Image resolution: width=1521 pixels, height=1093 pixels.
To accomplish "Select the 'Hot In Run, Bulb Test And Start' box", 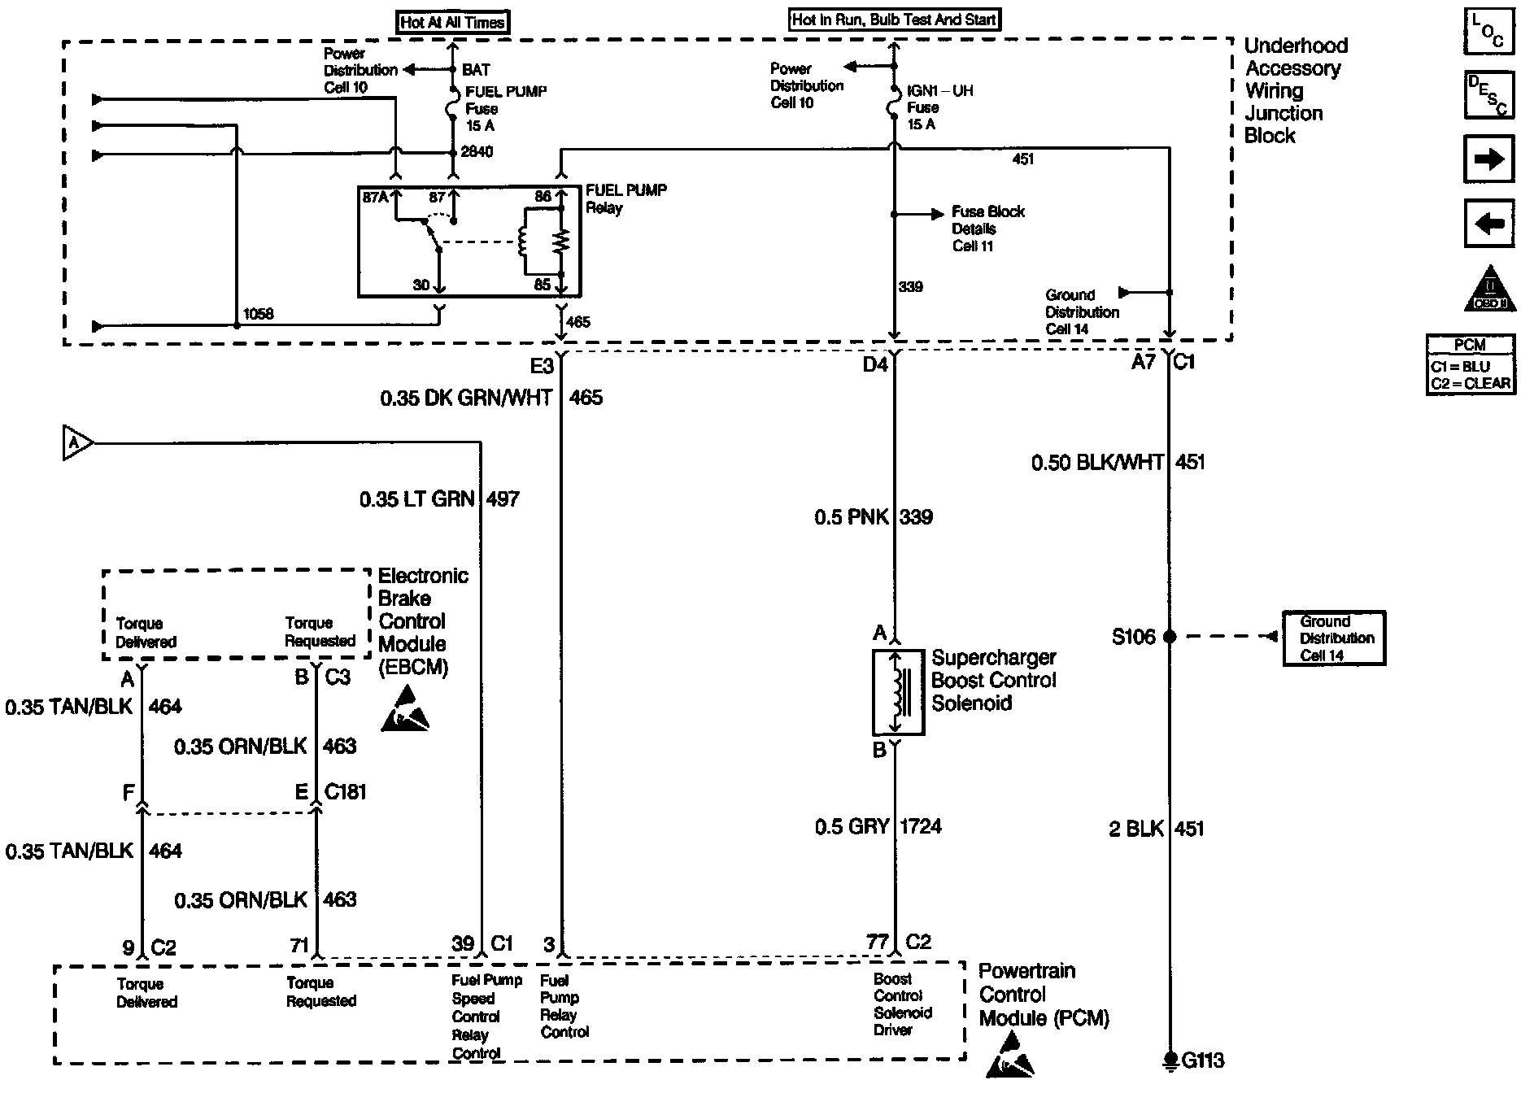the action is [x=895, y=20].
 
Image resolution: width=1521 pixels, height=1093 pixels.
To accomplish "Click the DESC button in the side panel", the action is [x=1489, y=95].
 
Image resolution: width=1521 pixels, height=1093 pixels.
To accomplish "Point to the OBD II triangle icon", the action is [x=1490, y=290].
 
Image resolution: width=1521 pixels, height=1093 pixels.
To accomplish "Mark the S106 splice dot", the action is [x=1170, y=637].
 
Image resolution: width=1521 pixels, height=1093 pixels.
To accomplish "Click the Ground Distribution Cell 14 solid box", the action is [x=1334, y=638].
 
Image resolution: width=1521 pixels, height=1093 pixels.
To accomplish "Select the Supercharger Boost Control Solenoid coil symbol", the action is [x=898, y=692].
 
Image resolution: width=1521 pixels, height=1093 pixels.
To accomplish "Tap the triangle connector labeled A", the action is [x=78, y=443].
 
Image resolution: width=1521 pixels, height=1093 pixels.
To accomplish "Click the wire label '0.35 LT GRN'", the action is [x=417, y=499].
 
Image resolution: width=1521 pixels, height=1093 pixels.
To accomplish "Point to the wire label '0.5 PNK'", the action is [x=852, y=517].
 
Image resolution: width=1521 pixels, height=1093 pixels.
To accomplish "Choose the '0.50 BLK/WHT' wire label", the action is [x=1097, y=463].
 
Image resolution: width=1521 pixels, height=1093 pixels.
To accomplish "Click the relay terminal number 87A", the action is [x=375, y=197].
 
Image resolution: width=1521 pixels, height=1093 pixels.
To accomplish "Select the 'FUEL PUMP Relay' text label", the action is [x=626, y=199].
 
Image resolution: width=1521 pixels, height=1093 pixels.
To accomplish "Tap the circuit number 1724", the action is [x=921, y=826].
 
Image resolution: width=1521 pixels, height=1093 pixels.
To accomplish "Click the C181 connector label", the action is [x=346, y=791].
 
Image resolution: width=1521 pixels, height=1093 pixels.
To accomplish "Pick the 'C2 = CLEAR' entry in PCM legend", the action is [x=1471, y=383].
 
